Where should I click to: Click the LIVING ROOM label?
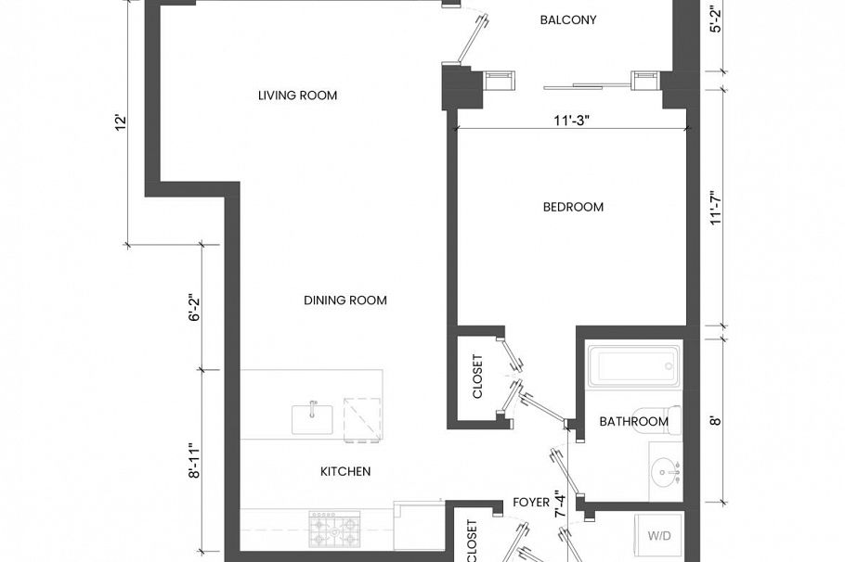pyautogui.click(x=297, y=96)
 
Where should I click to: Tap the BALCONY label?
pyautogui.click(x=567, y=20)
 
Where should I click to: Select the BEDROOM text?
pyautogui.click(x=573, y=207)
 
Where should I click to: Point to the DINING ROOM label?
pyautogui.click(x=344, y=300)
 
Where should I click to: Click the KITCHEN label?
pyautogui.click(x=345, y=471)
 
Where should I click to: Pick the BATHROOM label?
pyautogui.click(x=633, y=421)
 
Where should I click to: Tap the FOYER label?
pyautogui.click(x=531, y=503)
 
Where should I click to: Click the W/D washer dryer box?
pyautogui.click(x=658, y=536)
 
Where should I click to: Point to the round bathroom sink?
pyautogui.click(x=665, y=472)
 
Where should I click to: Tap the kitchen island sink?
pyautogui.click(x=313, y=418)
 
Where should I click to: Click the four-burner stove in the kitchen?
pyautogui.click(x=334, y=530)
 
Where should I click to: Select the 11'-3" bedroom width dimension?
pyautogui.click(x=573, y=119)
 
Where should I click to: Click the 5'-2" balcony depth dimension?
pyautogui.click(x=714, y=20)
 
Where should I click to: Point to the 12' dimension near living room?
pyautogui.click(x=120, y=123)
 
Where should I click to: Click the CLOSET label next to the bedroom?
pyautogui.click(x=477, y=377)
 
